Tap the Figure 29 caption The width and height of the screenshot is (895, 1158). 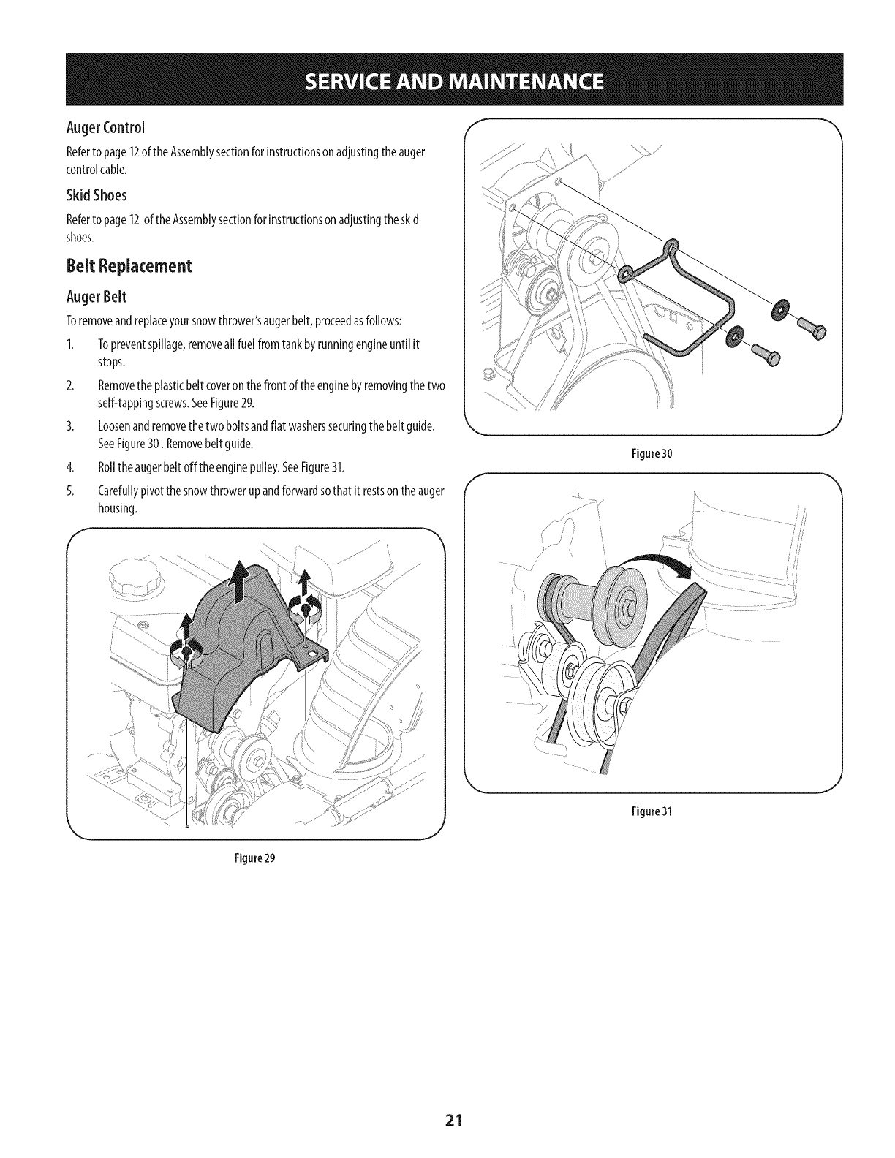tap(254, 858)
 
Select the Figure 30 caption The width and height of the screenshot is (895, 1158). tap(656, 453)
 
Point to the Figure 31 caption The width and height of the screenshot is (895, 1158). tap(656, 811)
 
